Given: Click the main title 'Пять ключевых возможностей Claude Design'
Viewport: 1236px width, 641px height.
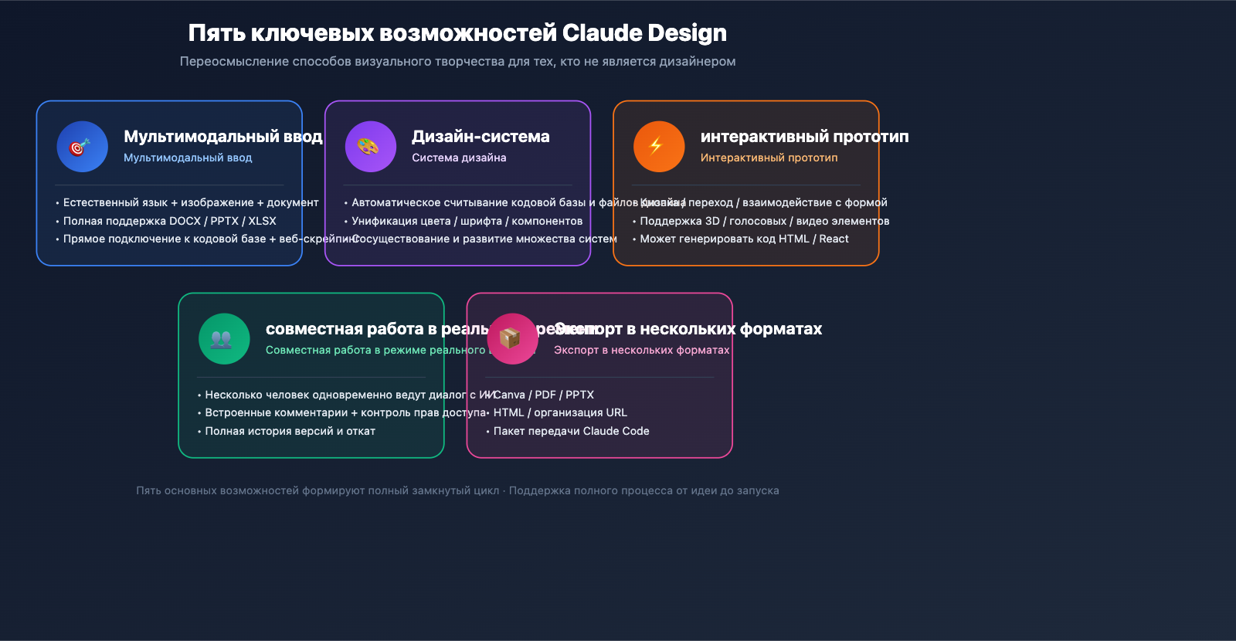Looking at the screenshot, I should (457, 33).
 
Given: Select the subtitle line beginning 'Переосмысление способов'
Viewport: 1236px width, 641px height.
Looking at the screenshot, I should (457, 62).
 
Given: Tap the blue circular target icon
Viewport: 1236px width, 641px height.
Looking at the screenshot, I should (82, 147).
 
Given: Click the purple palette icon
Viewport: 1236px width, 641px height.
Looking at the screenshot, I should (371, 147).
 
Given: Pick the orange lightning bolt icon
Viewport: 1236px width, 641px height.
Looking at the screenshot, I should (659, 147).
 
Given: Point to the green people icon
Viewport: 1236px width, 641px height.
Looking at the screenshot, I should (224, 338).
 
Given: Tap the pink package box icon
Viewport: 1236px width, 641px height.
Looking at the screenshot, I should (512, 338).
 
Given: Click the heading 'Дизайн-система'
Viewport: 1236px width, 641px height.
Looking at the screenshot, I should (480, 137).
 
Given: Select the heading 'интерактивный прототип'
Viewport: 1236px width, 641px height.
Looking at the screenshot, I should (804, 137).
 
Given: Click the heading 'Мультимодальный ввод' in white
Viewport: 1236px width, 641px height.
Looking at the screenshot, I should (222, 137).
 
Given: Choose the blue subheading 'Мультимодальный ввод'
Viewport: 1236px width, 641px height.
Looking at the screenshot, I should (188, 158).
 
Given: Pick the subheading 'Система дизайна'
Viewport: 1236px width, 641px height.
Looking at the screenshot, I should (459, 158).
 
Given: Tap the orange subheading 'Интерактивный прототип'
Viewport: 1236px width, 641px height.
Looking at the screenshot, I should (769, 158).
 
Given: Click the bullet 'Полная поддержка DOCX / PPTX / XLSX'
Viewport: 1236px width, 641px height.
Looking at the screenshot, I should (169, 221).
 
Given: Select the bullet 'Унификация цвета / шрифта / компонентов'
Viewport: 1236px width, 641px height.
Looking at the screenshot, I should (467, 221).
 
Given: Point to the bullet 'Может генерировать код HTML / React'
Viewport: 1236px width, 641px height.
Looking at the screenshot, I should (744, 239).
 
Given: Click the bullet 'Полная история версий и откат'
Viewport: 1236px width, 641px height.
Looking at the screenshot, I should (290, 431).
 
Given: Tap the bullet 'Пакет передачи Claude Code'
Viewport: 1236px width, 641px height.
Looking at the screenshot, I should (571, 431).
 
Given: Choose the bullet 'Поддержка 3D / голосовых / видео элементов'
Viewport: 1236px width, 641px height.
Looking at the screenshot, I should (764, 221).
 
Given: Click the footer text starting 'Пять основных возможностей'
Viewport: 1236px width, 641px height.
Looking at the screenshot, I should (457, 490).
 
